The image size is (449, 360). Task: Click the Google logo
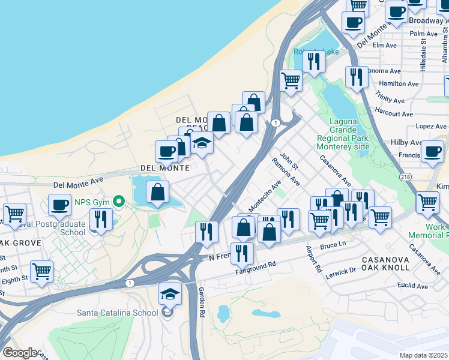pos(20,353)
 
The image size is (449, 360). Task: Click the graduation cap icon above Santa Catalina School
pos(170,294)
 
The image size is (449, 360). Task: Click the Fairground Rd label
pos(255,265)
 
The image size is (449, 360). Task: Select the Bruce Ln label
pos(334,245)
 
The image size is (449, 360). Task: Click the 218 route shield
pos(406,176)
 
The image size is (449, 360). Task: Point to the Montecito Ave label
pos(265,196)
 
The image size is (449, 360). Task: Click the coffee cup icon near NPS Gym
pos(60,205)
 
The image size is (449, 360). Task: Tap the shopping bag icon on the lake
pos(157,192)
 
